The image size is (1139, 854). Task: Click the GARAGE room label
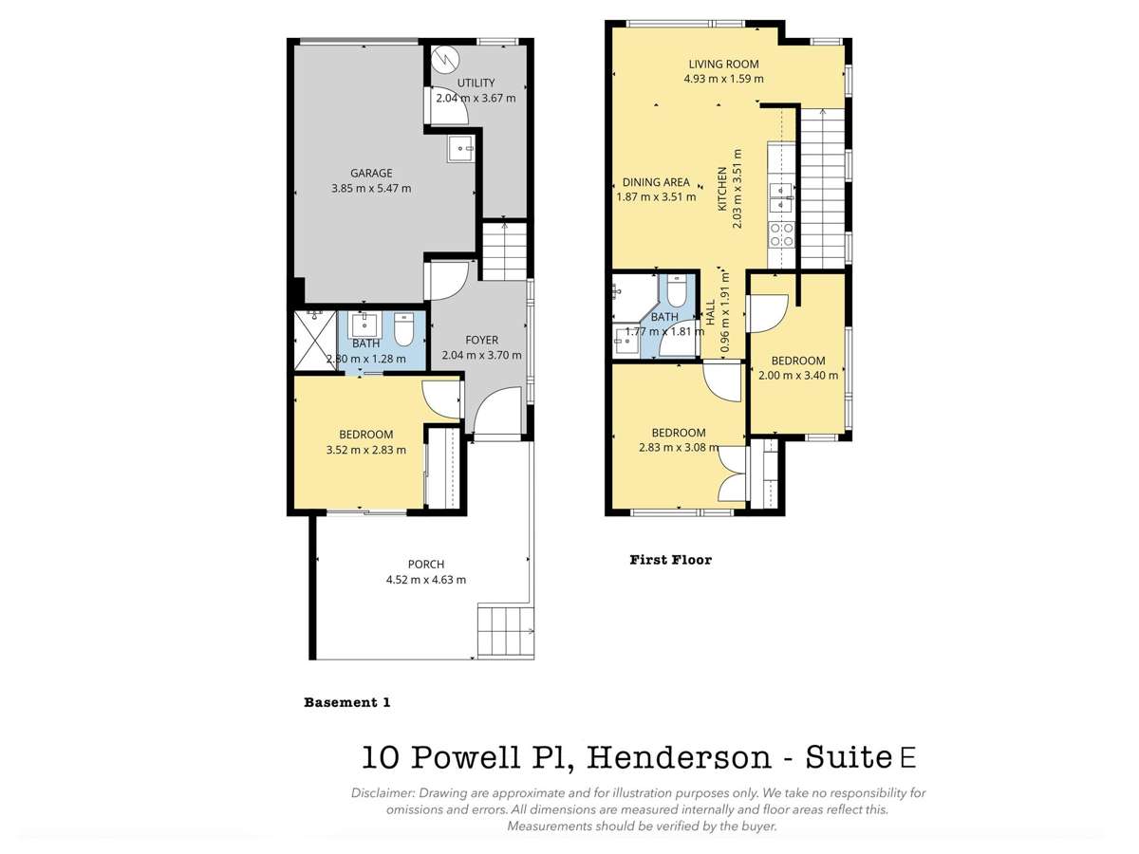click(371, 173)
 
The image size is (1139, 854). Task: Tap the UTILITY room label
click(476, 84)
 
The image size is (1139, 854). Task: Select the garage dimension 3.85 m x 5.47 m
click(371, 188)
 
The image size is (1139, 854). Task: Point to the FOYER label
click(481, 341)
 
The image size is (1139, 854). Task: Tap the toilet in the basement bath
click(403, 328)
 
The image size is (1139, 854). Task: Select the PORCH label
click(426, 564)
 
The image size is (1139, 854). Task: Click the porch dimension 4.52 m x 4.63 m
click(426, 579)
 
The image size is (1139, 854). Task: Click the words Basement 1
click(346, 703)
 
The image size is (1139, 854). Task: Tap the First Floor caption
click(670, 560)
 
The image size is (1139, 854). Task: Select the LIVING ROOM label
click(723, 65)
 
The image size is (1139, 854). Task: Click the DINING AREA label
click(656, 183)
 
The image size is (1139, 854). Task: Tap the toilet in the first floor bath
click(677, 289)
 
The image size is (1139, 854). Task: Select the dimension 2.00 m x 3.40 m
click(798, 375)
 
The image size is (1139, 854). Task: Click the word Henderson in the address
click(678, 758)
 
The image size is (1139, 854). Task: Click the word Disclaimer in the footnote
click(382, 792)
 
